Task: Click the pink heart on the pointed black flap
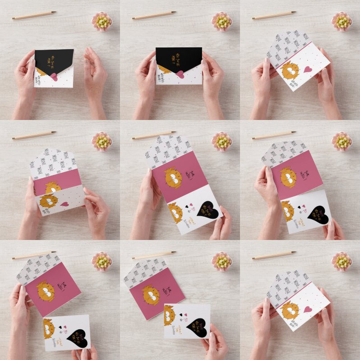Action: pos(53,76)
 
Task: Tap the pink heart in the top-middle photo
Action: pos(180,74)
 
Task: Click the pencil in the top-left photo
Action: pos(34,15)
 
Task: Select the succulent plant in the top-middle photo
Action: pos(222,21)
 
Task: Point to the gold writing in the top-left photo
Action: pos(51,58)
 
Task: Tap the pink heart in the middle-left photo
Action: pos(65,204)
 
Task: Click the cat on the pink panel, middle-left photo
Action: pos(52,187)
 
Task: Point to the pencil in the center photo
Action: pos(154,135)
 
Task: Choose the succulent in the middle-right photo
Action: pos(342,141)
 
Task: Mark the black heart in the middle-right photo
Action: pos(318,211)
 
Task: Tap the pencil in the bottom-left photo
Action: pos(34,255)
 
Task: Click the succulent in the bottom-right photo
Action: pos(342,261)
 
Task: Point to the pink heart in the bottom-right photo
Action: pos(308,309)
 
